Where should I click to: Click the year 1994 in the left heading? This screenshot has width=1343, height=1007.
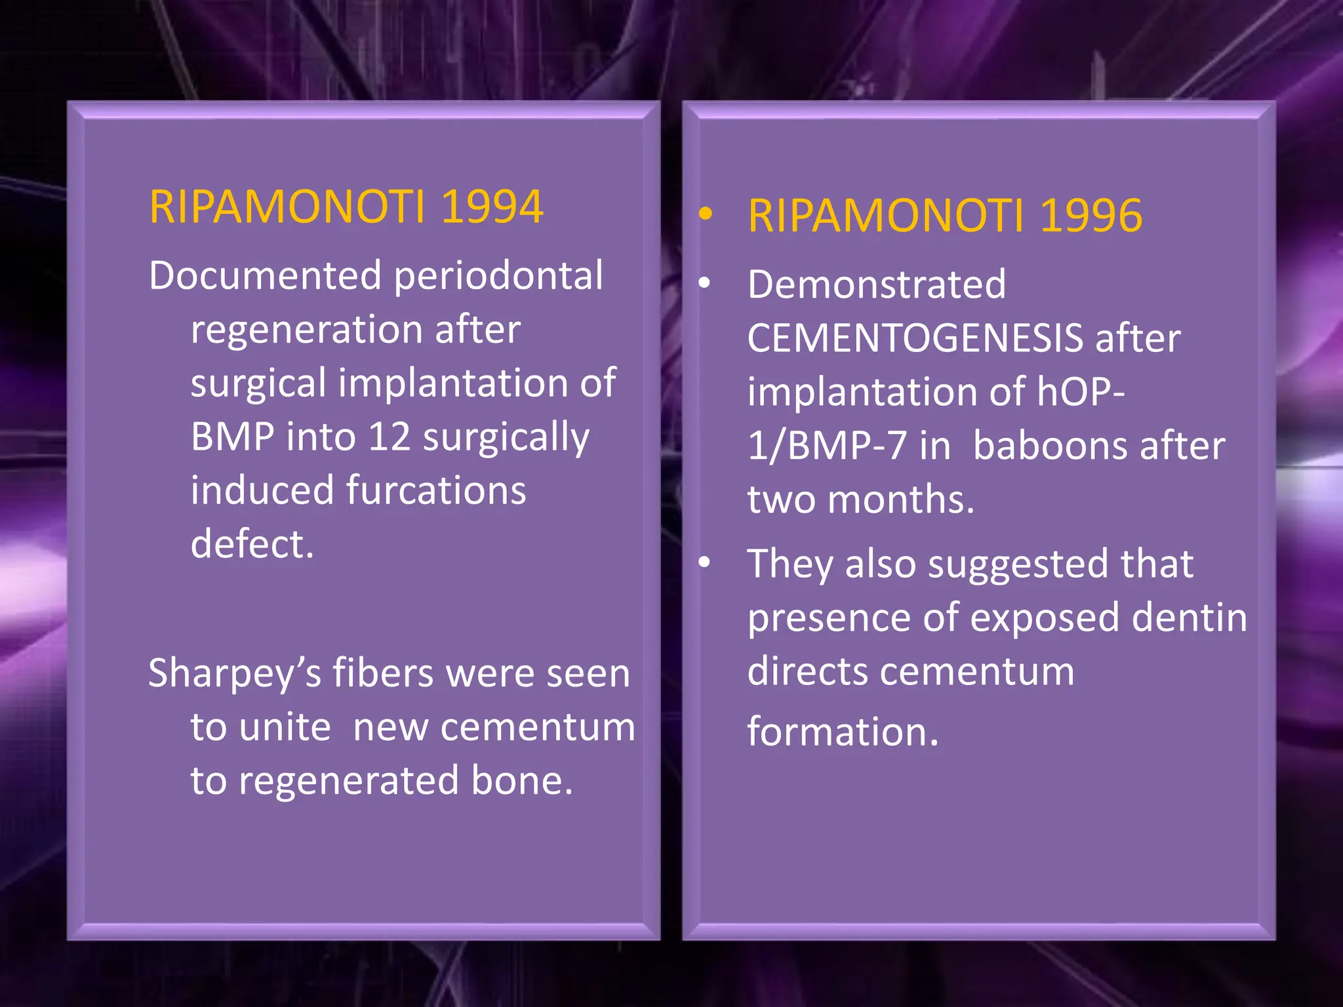pyautogui.click(x=492, y=207)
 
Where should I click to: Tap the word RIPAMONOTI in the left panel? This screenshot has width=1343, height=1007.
pyautogui.click(x=287, y=207)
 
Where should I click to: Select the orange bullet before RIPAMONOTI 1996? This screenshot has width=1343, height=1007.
pyautogui.click(x=706, y=213)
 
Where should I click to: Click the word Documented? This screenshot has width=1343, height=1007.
pyautogui.click(x=265, y=275)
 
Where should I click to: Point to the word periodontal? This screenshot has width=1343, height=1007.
pyautogui.click(x=498, y=275)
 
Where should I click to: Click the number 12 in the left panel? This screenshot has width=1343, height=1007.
pyautogui.click(x=389, y=437)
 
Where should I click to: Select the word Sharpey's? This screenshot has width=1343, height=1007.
pyautogui.click(x=235, y=674)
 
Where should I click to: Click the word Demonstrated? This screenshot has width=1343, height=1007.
pyautogui.click(x=877, y=285)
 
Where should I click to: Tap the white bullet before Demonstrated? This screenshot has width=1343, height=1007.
pyautogui.click(x=705, y=283)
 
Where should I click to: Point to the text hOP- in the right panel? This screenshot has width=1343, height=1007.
pyautogui.click(x=1081, y=392)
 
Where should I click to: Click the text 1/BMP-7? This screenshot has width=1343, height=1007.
pyautogui.click(x=827, y=446)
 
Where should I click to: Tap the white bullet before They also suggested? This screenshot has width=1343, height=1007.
pyautogui.click(x=705, y=562)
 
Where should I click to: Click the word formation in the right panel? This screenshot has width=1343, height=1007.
pyautogui.click(x=842, y=732)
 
